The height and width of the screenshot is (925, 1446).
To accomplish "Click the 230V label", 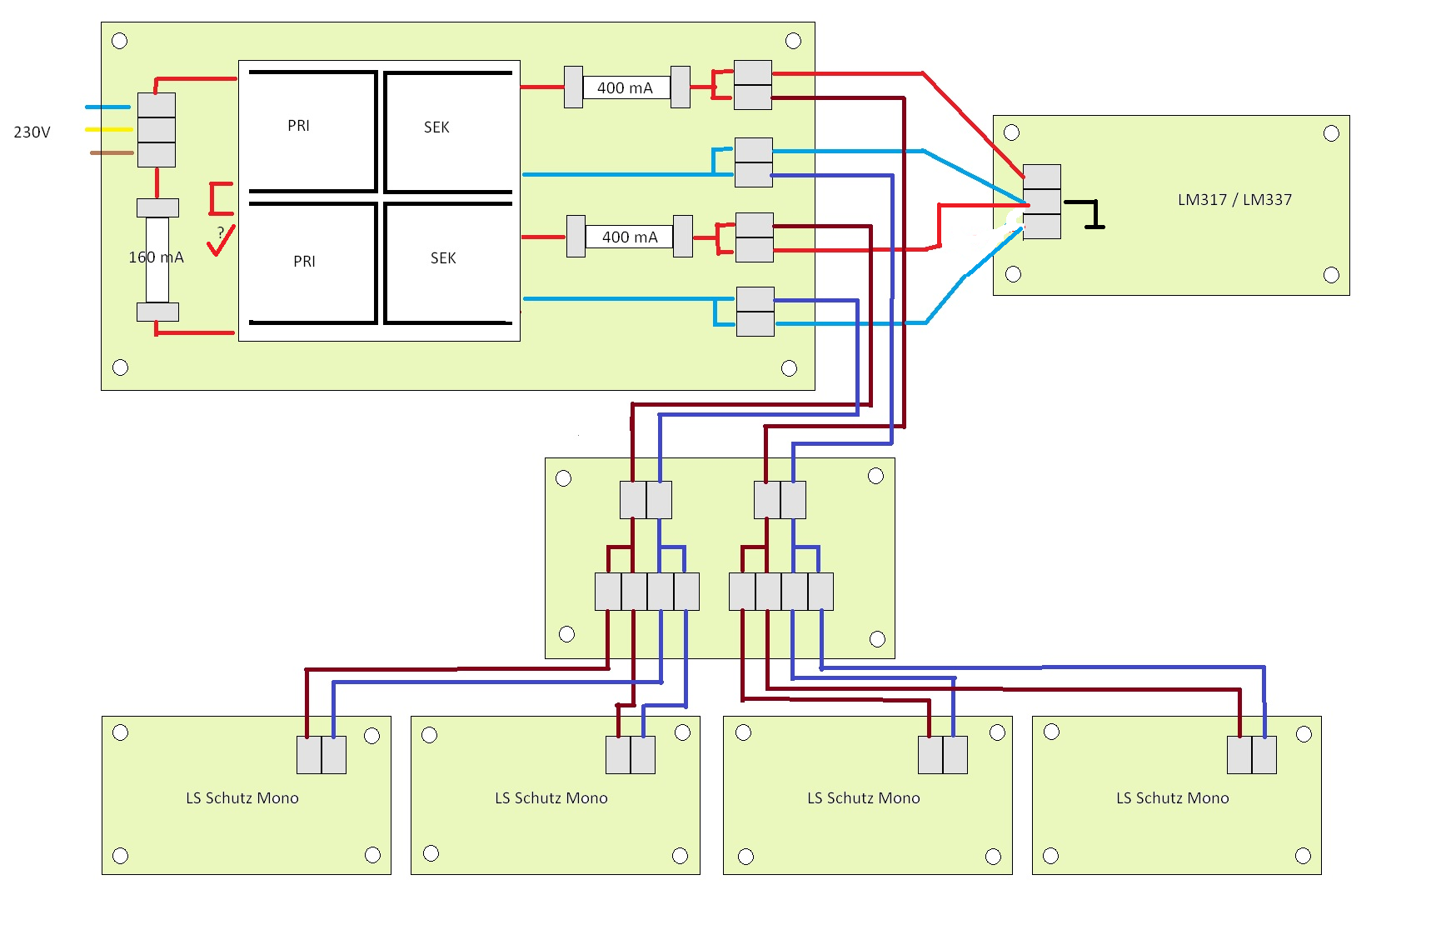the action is pyautogui.click(x=32, y=132).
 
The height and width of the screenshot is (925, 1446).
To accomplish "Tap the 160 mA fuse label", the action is pyautogui.click(x=156, y=257).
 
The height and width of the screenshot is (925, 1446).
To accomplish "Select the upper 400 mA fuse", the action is pyautogui.click(x=627, y=87).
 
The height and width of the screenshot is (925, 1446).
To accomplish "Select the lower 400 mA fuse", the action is pyautogui.click(x=630, y=237).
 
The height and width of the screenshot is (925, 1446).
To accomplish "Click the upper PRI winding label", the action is pyautogui.click(x=298, y=126).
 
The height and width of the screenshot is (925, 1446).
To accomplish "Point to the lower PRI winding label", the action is pyautogui.click(x=304, y=262).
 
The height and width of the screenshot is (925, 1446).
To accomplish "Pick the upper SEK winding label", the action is pyautogui.click(x=436, y=127).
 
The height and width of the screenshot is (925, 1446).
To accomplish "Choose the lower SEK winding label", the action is pyautogui.click(x=443, y=258).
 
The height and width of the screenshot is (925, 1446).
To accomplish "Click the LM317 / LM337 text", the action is pyautogui.click(x=1234, y=200).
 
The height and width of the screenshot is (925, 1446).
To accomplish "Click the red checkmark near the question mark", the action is pyautogui.click(x=221, y=241).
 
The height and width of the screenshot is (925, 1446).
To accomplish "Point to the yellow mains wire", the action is pyautogui.click(x=109, y=129).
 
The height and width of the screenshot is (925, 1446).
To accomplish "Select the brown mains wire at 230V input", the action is pyautogui.click(x=112, y=152).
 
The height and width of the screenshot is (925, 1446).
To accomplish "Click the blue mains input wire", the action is pyautogui.click(x=107, y=107).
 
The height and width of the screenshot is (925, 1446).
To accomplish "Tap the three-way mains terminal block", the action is pyautogui.click(x=156, y=130).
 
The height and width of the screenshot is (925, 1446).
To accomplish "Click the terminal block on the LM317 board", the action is pyautogui.click(x=1041, y=202).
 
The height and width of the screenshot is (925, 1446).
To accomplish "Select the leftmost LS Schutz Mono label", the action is pyautogui.click(x=242, y=798).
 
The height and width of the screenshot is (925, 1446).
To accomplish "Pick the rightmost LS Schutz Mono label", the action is pyautogui.click(x=1173, y=798).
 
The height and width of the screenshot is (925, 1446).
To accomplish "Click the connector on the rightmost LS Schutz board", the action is pyautogui.click(x=1252, y=755).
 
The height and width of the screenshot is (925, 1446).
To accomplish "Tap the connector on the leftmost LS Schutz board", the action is pyautogui.click(x=322, y=755).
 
